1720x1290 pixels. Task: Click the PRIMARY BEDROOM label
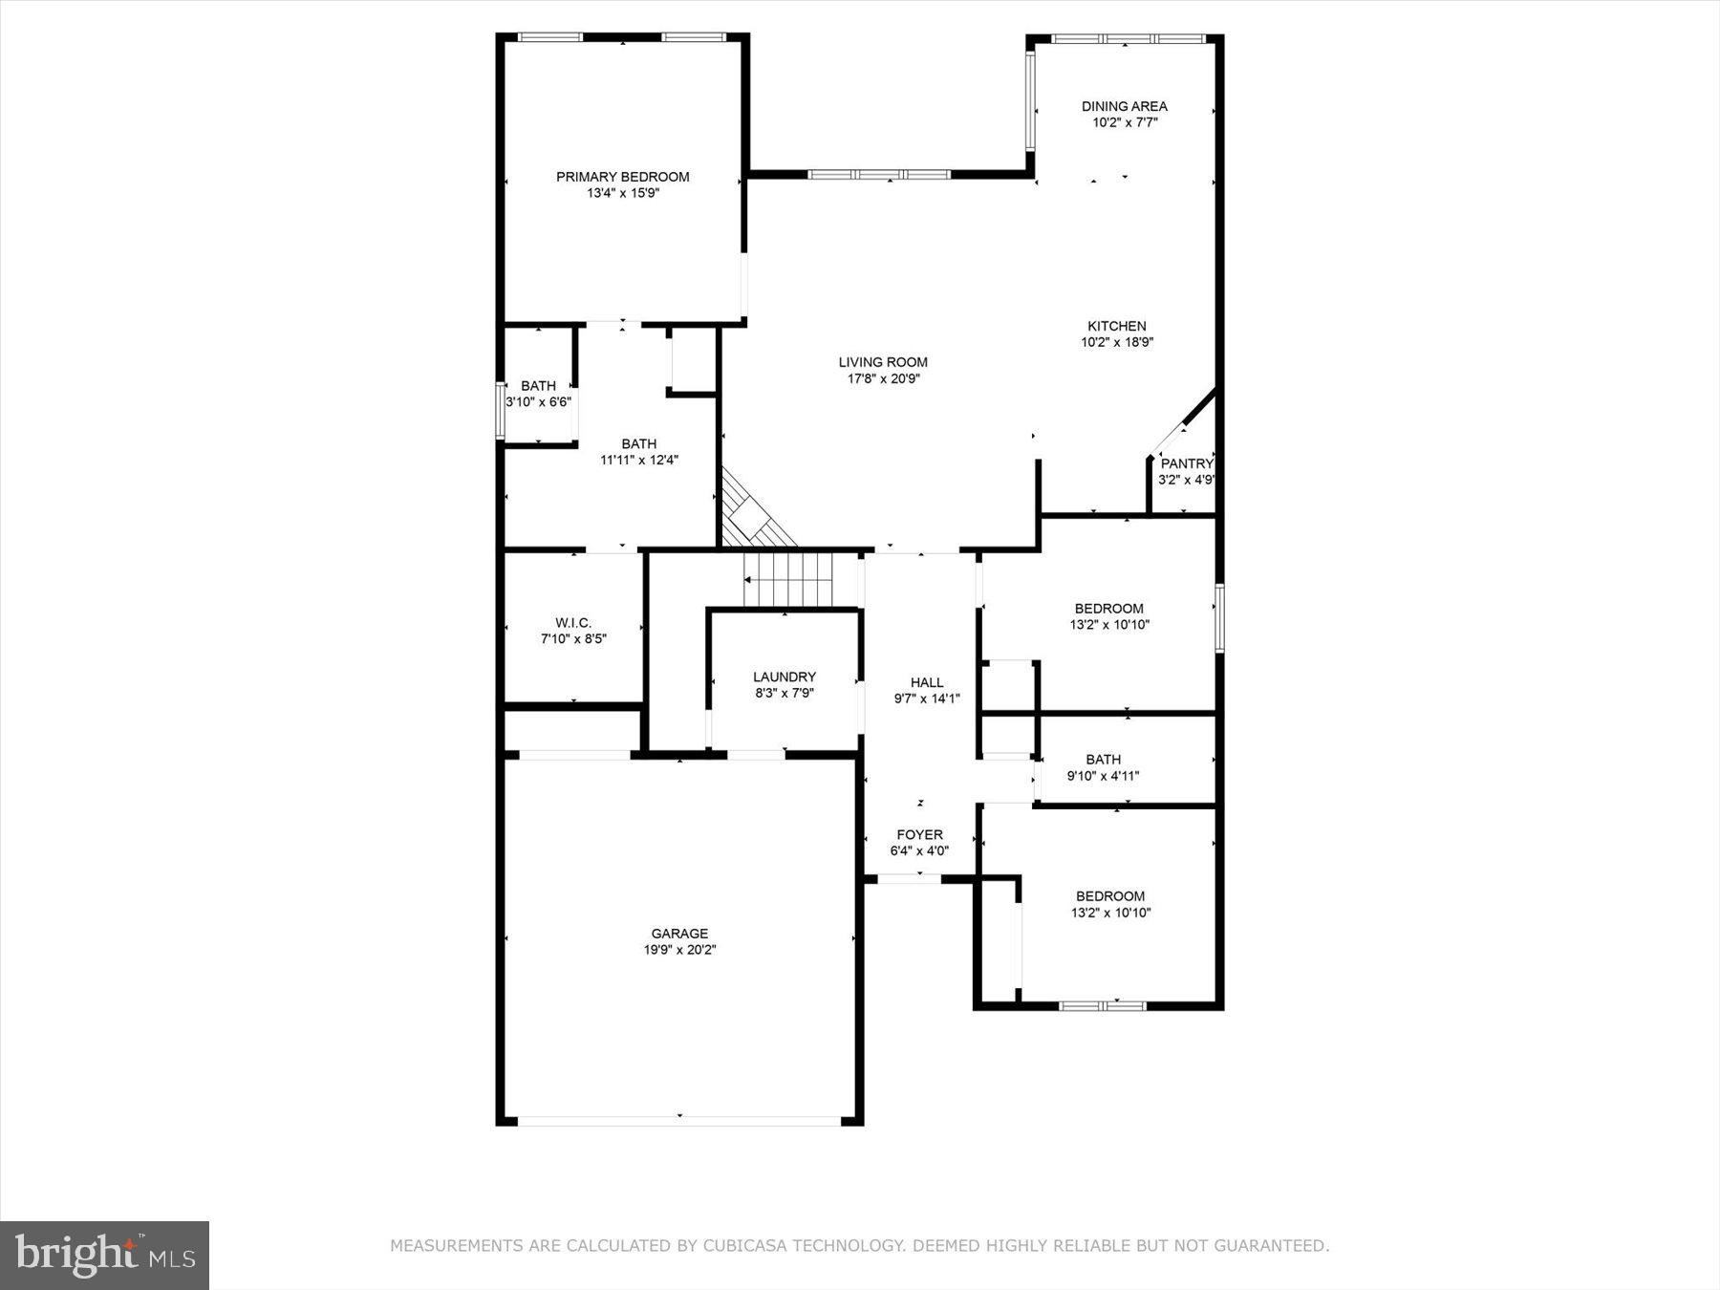622,177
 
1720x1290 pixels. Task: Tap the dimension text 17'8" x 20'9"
883,379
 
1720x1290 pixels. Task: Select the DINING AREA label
1124,106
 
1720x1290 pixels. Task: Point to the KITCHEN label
1116,326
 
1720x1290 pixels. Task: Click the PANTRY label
1186,463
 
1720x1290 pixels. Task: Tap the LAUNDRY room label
784,677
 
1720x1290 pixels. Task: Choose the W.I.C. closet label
573,622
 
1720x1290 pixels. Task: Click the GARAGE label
679,934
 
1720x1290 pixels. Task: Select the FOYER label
919,834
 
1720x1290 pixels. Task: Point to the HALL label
926,682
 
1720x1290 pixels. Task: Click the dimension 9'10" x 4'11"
1103,776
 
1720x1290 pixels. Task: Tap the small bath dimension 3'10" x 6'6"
538,402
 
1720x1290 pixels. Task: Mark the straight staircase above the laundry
789,579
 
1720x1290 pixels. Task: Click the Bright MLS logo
104,1255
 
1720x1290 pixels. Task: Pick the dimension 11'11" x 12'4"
638,460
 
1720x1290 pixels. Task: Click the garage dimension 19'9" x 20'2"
679,950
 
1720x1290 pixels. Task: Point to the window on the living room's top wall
879,175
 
